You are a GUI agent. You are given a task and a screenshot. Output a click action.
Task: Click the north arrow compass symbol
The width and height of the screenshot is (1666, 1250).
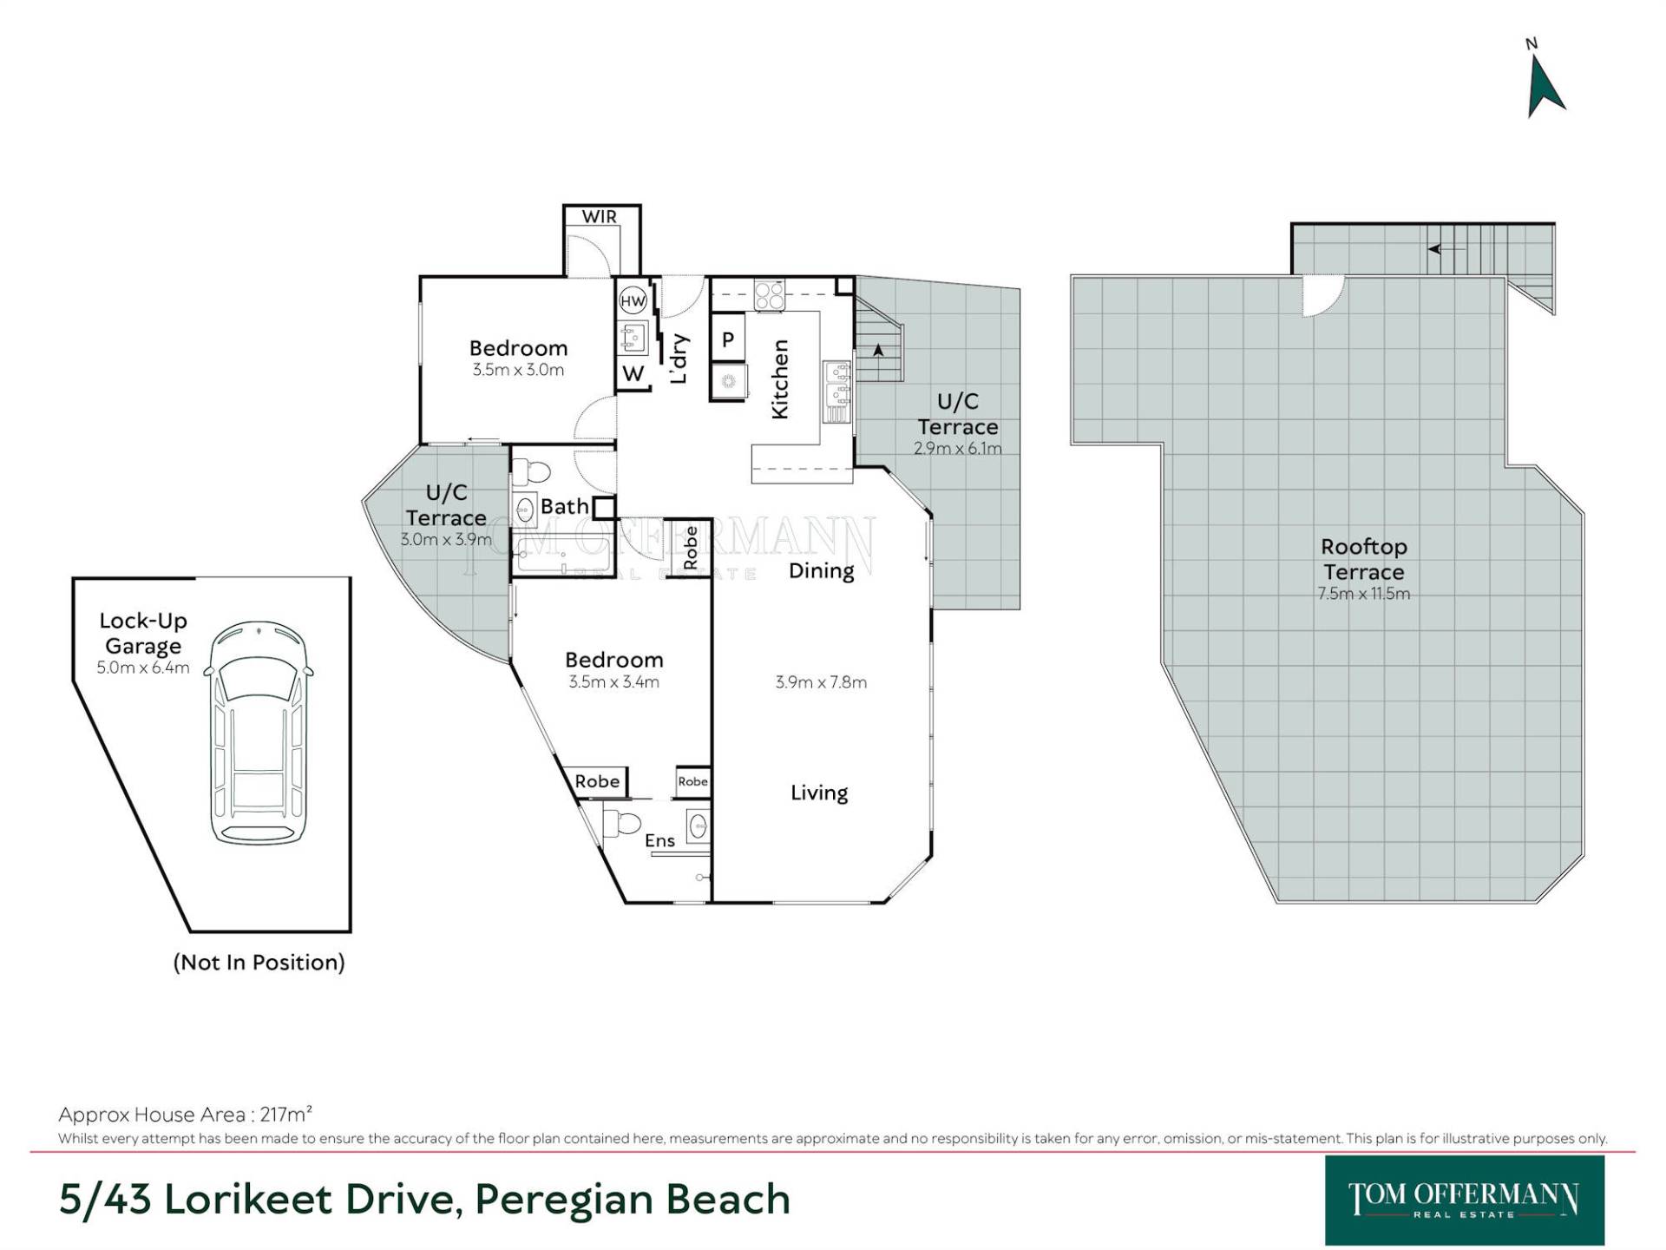point(1544,86)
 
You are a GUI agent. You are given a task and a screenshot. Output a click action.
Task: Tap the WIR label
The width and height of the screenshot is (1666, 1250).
point(600,216)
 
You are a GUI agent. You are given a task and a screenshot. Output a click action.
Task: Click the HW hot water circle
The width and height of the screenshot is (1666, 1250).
point(633,301)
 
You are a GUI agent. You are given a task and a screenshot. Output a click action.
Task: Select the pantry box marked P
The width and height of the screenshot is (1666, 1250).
point(728,339)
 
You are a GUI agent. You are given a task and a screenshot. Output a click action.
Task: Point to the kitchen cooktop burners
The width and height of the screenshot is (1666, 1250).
point(770,295)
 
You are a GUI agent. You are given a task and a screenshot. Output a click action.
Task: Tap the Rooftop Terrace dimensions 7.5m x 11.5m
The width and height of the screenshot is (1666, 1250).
point(1364,594)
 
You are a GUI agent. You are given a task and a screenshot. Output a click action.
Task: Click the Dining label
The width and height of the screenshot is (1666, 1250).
point(821,571)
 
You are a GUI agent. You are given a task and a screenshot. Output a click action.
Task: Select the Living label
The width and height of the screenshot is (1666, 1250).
point(819,793)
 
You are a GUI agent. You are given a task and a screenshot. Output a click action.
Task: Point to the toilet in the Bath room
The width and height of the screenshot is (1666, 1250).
point(531,472)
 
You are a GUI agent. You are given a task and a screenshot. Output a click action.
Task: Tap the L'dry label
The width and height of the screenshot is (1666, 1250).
point(679,359)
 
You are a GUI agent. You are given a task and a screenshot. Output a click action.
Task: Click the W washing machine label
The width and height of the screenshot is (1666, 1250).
point(633,373)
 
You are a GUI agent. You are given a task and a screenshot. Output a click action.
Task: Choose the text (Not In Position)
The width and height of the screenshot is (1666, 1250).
point(259,962)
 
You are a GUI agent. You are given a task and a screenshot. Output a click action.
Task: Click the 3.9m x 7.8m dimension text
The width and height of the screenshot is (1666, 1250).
point(821,682)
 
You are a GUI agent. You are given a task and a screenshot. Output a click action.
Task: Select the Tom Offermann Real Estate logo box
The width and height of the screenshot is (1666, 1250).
point(1465,1201)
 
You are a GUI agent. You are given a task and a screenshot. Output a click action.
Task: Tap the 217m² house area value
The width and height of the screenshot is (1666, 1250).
point(286,1114)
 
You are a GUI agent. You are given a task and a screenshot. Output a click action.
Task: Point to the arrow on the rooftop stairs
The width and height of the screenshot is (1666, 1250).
point(1446,249)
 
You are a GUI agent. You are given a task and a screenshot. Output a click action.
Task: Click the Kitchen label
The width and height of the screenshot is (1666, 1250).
point(780,379)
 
